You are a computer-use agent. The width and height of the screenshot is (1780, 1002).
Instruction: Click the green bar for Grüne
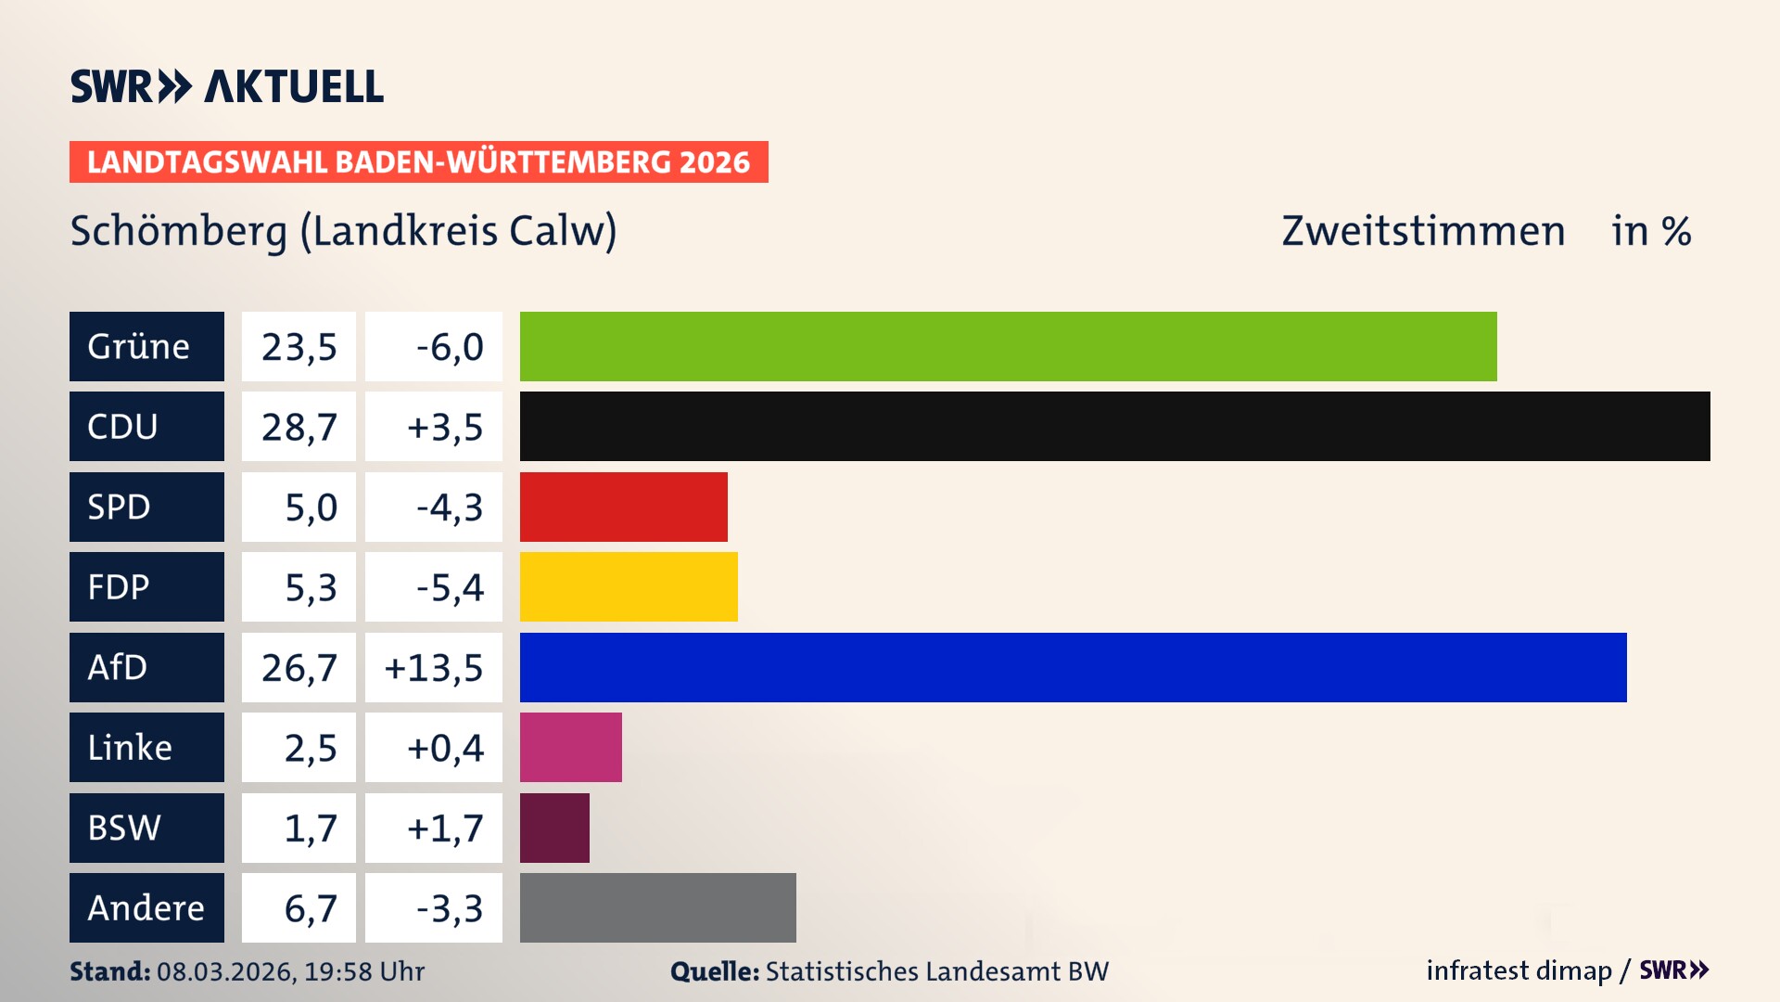point(1008,346)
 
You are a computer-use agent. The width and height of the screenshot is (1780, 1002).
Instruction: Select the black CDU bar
point(1114,426)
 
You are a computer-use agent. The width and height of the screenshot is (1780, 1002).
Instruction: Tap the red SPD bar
point(623,507)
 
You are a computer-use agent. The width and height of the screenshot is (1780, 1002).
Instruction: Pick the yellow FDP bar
point(629,586)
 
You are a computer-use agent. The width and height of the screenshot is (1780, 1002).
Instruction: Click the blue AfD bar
point(1073,667)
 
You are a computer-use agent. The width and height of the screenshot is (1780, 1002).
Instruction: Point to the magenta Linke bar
point(570,747)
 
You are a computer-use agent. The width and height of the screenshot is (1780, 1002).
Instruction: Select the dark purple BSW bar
point(554,828)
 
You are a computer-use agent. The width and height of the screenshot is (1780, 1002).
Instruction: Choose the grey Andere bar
point(657,907)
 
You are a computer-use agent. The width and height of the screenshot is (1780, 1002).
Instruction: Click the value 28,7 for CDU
point(299,427)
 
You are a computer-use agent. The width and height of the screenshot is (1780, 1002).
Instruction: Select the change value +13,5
point(434,668)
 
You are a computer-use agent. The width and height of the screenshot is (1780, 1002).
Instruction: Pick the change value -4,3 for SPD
point(449,507)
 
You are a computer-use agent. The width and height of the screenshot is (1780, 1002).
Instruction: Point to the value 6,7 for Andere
point(310,908)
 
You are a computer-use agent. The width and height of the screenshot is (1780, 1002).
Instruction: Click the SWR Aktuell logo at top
point(227,86)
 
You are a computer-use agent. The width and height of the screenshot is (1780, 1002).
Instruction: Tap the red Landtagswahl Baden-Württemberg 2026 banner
point(418,162)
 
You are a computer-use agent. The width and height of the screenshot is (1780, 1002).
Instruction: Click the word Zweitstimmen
point(1422,231)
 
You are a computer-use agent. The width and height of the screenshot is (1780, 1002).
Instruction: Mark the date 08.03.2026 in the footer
point(225,971)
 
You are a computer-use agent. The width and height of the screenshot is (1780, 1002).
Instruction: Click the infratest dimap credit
point(1518,970)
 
